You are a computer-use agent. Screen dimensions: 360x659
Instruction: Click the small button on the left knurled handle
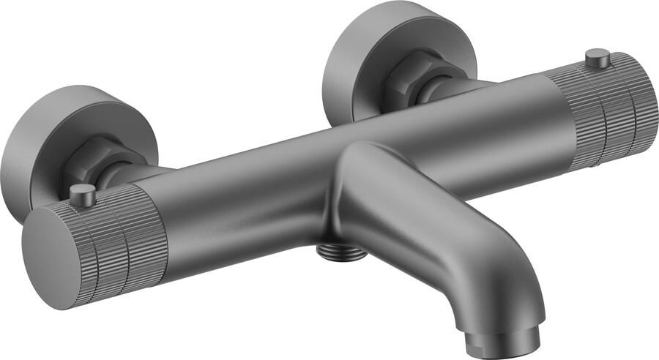pos(83,195)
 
